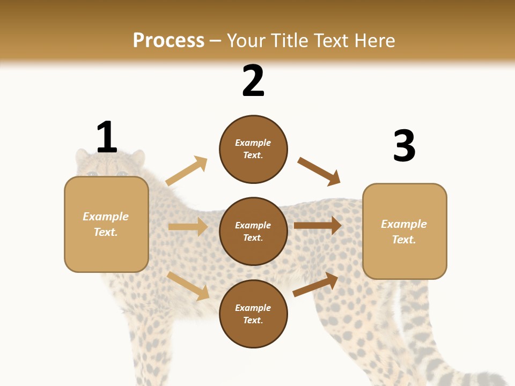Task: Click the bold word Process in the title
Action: [168, 41]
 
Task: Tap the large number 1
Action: [107, 137]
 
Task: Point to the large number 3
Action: [404, 146]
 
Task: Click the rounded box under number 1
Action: [106, 224]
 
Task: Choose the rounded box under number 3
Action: [404, 231]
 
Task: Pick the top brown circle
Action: [253, 149]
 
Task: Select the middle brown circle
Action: [253, 231]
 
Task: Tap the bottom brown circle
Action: [253, 314]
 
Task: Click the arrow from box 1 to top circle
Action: [186, 171]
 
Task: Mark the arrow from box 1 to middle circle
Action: [188, 227]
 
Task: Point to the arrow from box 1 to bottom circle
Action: [188, 286]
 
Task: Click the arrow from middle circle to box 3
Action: [317, 226]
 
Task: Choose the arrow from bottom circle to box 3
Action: [315, 284]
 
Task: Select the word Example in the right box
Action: [404, 224]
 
